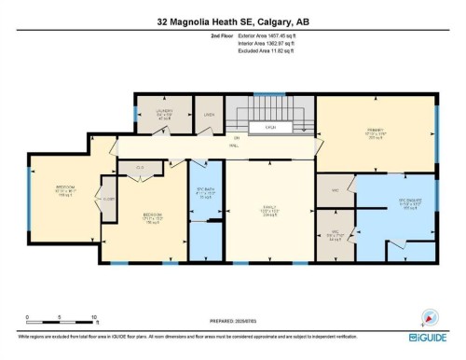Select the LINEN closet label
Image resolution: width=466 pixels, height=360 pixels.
tap(210, 116)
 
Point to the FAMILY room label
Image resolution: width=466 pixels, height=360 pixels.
tap(270, 206)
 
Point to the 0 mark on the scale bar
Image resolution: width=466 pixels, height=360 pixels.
tap(27, 318)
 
